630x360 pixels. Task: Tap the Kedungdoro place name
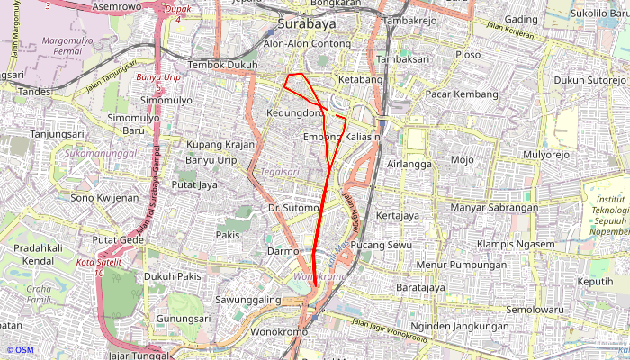click(x=295, y=113)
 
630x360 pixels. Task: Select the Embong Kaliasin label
click(x=342, y=137)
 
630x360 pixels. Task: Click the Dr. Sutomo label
click(x=293, y=208)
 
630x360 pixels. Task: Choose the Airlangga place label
click(x=409, y=165)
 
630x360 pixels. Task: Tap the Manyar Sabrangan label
click(x=494, y=208)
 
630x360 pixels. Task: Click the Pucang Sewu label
click(x=381, y=245)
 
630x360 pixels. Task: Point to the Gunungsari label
click(x=184, y=319)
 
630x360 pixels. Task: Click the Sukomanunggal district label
click(x=101, y=154)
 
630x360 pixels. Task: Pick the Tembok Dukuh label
click(x=223, y=66)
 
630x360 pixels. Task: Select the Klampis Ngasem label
click(x=516, y=245)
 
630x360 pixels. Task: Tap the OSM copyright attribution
click(x=19, y=350)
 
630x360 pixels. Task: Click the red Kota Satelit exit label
click(x=98, y=266)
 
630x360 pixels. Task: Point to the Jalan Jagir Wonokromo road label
click(x=389, y=328)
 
